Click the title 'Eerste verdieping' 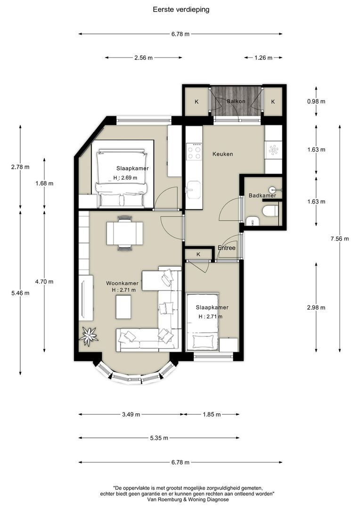[x=181, y=10]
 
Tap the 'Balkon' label [x=236, y=101]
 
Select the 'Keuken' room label [x=223, y=154]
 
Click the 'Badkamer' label [x=262, y=196]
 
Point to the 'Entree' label [x=227, y=248]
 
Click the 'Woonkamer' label [x=123, y=283]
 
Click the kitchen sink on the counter [x=194, y=189]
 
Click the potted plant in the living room [x=88, y=336]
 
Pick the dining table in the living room [x=125, y=233]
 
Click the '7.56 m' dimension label [x=340, y=239]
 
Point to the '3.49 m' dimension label [x=131, y=415]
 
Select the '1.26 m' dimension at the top [x=263, y=58]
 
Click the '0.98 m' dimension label [x=316, y=101]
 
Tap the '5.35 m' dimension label [x=159, y=438]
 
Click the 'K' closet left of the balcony [x=196, y=102]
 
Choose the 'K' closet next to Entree [x=199, y=254]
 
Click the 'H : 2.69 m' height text [x=125, y=178]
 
